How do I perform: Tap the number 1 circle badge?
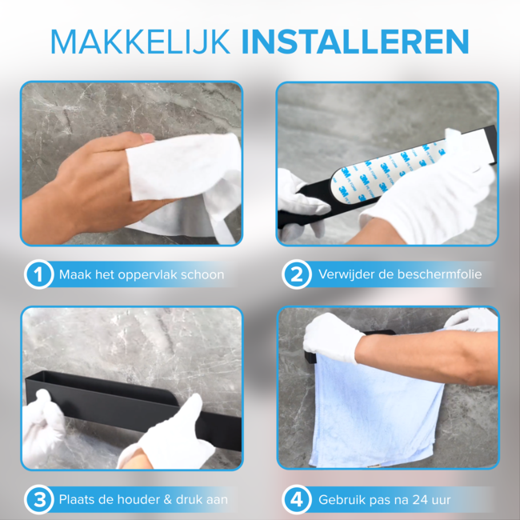point(38,275)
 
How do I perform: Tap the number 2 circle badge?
point(297,275)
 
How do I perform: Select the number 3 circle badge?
point(38,500)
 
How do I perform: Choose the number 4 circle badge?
point(297,500)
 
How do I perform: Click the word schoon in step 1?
point(202,275)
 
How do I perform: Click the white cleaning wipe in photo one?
point(188,180)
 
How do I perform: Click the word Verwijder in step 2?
point(345,275)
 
